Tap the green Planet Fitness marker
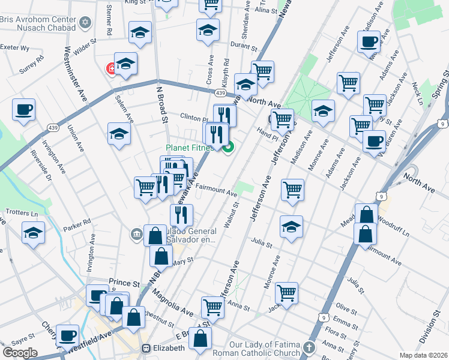[x=228, y=146]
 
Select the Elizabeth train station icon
[x=146, y=348]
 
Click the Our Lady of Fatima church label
[x=264, y=349]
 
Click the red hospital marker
[x=111, y=69]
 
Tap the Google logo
[x=20, y=352]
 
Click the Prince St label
[x=124, y=282]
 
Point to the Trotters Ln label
[x=21, y=212]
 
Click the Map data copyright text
[x=423, y=354]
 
